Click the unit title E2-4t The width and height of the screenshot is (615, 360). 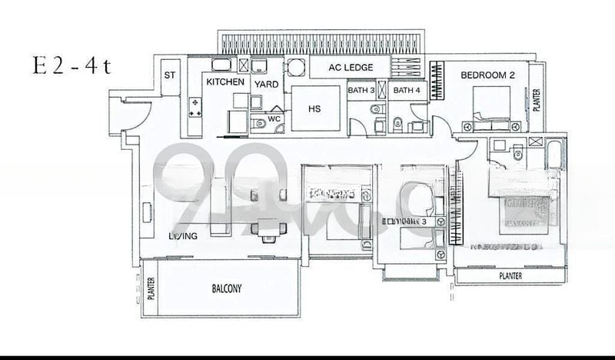pos(71,65)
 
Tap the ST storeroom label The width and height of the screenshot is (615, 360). pos(170,75)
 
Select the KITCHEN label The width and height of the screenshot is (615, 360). pos(224,82)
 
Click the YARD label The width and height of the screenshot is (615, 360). pos(267,82)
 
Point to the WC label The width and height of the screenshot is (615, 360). pos(274,120)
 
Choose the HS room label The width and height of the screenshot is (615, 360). pos(314,109)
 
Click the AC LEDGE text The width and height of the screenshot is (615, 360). pos(351,68)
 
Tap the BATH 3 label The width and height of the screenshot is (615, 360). pos(361,91)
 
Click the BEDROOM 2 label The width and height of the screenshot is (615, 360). pos(487,75)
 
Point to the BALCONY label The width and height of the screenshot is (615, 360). pos(227,289)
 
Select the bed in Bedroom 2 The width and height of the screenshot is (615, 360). pos(492,106)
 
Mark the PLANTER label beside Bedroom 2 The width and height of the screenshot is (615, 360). pos(536,100)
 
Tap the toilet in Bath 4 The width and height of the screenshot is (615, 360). pos(397,123)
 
